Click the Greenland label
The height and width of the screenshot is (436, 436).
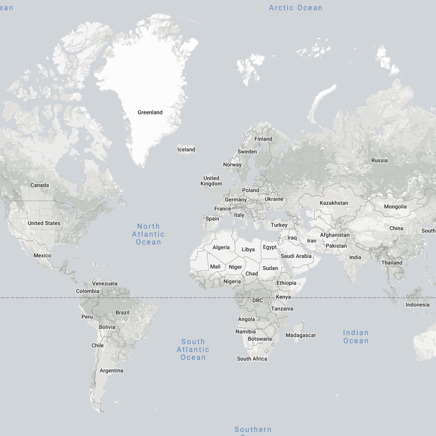click(x=150, y=112)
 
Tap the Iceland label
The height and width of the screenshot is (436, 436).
click(x=186, y=149)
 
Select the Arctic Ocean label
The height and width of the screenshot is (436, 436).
click(x=295, y=8)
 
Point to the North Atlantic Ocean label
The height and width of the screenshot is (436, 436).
click(x=148, y=234)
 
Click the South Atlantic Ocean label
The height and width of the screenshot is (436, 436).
click(x=193, y=349)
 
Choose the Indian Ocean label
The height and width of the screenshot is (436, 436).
click(x=356, y=336)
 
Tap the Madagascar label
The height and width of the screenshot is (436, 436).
click(x=300, y=335)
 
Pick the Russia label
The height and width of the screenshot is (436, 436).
click(x=379, y=160)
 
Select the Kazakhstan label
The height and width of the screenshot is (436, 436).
click(x=334, y=203)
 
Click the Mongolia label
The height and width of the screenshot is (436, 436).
click(x=395, y=206)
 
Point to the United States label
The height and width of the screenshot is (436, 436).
click(x=44, y=223)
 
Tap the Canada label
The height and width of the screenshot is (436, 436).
click(x=40, y=185)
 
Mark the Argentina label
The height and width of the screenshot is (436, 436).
click(x=111, y=371)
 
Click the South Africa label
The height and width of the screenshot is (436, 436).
click(x=252, y=359)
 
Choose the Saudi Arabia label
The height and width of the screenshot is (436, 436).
click(x=296, y=256)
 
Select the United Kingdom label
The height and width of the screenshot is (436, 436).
click(x=211, y=181)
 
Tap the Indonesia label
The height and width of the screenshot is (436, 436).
click(x=417, y=304)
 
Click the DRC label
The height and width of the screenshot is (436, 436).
click(x=258, y=300)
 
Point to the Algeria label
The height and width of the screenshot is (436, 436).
click(x=221, y=247)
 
